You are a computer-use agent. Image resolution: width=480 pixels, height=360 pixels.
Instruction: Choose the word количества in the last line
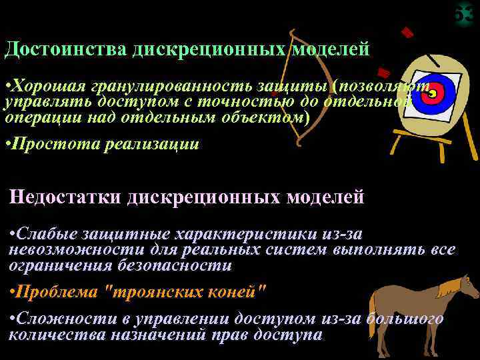coord(47,334)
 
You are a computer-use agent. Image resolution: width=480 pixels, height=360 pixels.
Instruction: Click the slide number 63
coord(465,14)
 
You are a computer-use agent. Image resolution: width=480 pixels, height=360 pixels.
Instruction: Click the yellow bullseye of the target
coord(432,95)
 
